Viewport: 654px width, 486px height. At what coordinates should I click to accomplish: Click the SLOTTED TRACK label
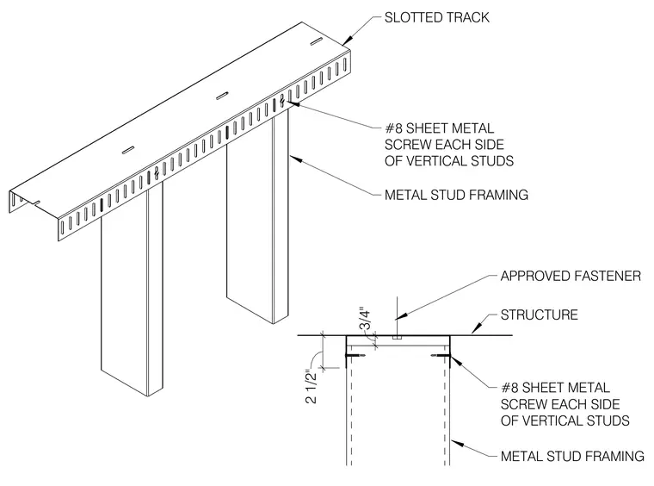click(436, 17)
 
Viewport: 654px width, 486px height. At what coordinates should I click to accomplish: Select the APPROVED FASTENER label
click(571, 276)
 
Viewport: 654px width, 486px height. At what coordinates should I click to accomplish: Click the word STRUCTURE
click(540, 315)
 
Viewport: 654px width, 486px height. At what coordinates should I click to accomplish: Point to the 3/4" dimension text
click(365, 320)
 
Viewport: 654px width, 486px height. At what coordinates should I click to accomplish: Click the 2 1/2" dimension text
click(312, 386)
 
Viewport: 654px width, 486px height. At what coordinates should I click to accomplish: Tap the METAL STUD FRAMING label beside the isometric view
click(456, 195)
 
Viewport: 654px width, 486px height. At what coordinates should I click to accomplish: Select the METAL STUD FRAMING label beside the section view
click(572, 456)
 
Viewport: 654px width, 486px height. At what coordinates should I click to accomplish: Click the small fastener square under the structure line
click(397, 337)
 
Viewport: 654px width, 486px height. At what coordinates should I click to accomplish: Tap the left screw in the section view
click(355, 356)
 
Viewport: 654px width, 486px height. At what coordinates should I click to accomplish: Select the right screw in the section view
click(441, 356)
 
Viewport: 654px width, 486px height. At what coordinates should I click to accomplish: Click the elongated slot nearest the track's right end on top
click(316, 40)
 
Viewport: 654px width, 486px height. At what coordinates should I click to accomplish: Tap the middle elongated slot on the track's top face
click(222, 95)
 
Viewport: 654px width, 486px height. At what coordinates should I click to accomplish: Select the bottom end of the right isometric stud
click(257, 310)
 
